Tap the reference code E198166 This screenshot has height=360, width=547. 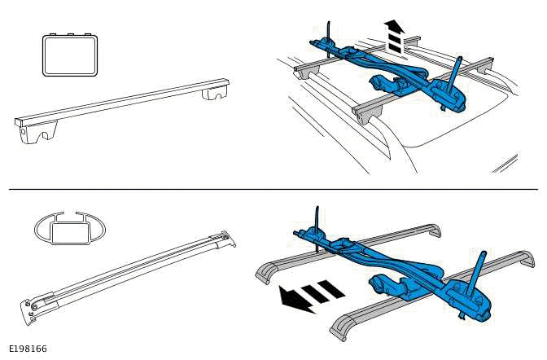point(28,349)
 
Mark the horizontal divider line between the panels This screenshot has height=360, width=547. point(273,189)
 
